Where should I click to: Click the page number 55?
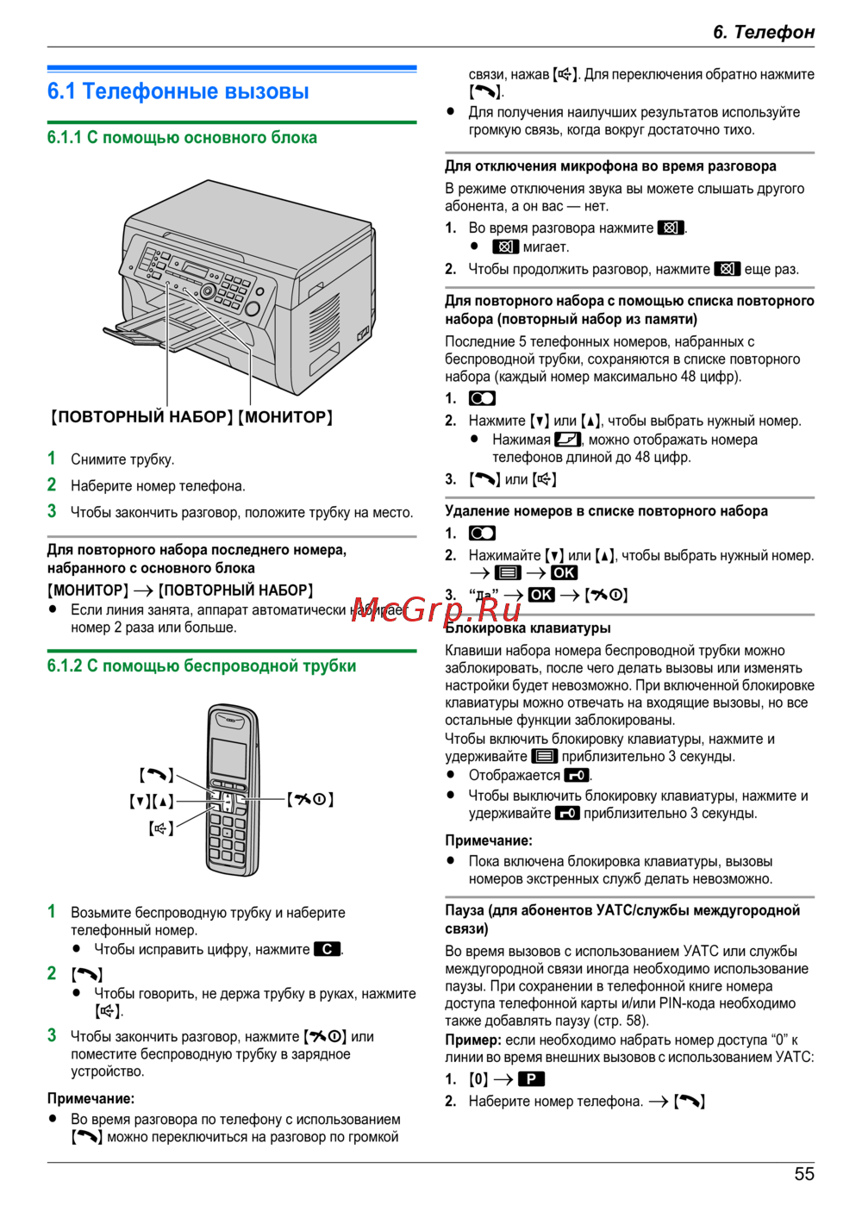pos(803,1174)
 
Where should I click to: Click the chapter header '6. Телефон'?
pos(763,32)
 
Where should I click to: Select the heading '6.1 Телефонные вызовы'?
pos(178,91)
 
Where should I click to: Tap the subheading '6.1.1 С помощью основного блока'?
pos(182,138)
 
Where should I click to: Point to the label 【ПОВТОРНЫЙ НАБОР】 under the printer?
pos(141,417)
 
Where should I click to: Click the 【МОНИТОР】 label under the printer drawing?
pos(285,417)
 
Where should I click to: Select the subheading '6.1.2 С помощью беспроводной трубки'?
pos(202,666)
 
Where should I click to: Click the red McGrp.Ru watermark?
pos(436,609)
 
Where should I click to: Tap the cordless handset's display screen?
pos(228,756)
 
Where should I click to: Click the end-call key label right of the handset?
pos(310,799)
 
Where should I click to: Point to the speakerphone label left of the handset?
pos(160,828)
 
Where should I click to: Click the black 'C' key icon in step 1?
pos(327,949)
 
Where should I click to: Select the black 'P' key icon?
pos(531,1079)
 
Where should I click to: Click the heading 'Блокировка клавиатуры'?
pos(528,628)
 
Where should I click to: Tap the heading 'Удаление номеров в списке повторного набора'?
pos(606,511)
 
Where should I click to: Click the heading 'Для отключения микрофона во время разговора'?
pos(610,166)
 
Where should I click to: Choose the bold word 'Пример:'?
pos(473,1040)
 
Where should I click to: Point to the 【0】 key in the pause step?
pos(478,1079)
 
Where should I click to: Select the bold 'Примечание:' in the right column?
pos(489,840)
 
